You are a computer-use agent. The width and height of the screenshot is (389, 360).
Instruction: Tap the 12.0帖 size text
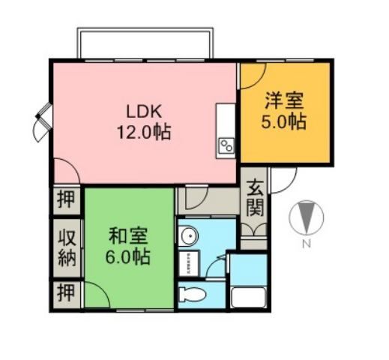coord(142,133)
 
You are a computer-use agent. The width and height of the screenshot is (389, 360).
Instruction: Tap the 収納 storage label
coord(66,247)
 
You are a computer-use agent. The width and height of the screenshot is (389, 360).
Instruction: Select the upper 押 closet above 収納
coord(66,201)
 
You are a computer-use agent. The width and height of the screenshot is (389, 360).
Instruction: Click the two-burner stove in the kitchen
coord(226,145)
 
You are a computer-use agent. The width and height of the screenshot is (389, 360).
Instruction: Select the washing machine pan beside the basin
coord(187,261)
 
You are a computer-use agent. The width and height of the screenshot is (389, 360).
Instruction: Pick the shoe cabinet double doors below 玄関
coord(255,228)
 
